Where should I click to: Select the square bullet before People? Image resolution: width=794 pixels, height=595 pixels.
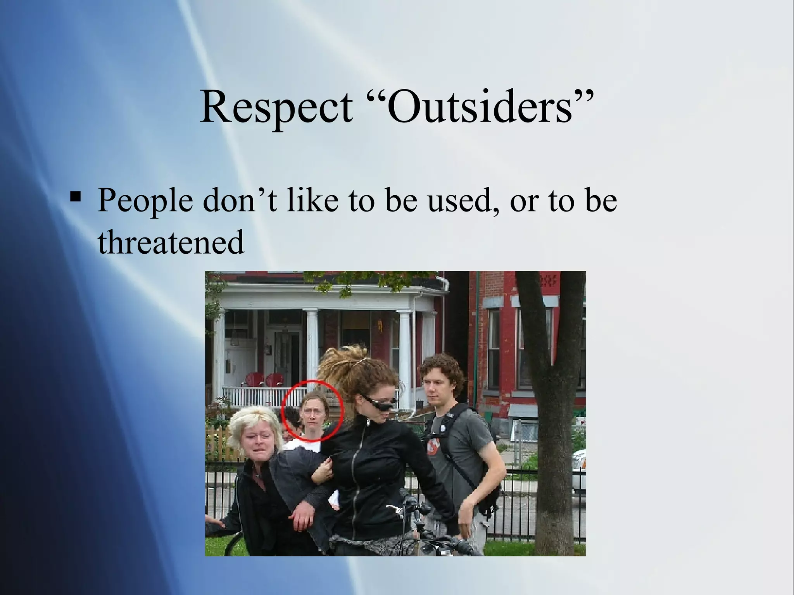75,198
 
